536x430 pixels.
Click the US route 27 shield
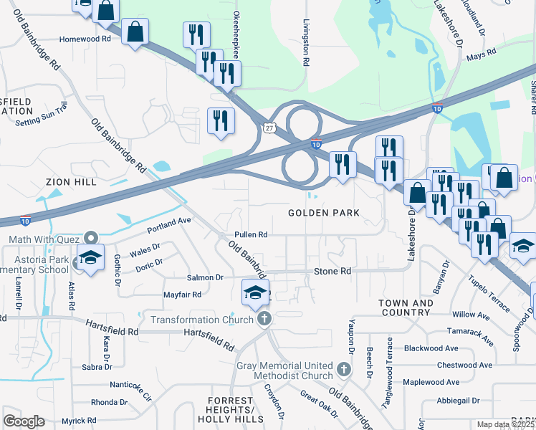tap(268, 128)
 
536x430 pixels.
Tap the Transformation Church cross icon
tap(265, 319)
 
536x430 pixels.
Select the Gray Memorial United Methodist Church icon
tap(343, 370)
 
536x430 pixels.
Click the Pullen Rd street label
tap(251, 235)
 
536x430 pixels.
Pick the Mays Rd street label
tap(481, 54)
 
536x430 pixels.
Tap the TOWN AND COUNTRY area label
tap(406, 308)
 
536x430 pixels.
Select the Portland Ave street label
tap(169, 225)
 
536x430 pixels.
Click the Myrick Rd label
tap(78, 421)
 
